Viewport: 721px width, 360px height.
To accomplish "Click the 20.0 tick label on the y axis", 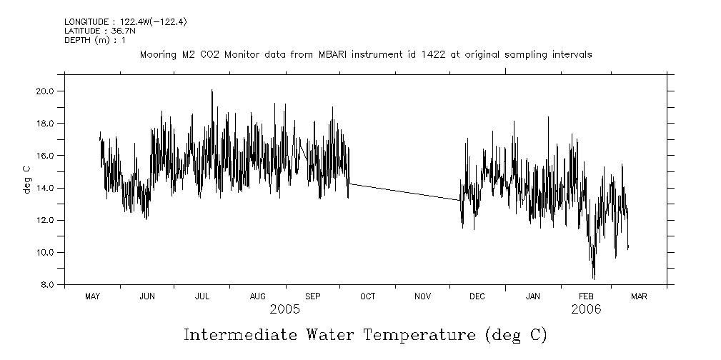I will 46,91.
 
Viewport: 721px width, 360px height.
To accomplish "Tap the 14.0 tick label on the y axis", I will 46,188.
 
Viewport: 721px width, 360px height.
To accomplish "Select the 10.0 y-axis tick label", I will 46,253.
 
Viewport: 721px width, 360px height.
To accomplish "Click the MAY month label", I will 92,296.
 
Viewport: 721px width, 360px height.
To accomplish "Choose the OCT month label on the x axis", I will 367,296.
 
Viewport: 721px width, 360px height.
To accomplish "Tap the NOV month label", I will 422,296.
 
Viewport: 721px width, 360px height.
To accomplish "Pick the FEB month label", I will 586,296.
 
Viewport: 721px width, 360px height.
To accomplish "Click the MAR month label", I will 639,296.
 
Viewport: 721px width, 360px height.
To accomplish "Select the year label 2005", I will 284,309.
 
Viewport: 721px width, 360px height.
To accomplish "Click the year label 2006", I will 586,309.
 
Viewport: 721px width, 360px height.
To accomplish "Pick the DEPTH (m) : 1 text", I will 94,40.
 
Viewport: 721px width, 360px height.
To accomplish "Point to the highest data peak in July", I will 212,91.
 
